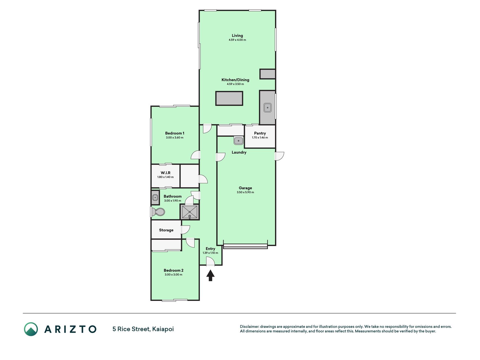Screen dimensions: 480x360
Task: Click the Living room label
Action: tap(237, 35)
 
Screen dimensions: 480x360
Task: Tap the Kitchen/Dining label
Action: tap(235, 80)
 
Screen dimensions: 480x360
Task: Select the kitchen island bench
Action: tap(229, 98)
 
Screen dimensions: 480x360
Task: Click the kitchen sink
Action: tap(267, 107)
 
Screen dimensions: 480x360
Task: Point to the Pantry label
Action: tap(260, 133)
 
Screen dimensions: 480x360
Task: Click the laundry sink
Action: tap(238, 140)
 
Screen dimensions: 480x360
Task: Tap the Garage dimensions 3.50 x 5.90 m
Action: tap(245, 192)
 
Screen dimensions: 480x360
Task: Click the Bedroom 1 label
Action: tap(175, 133)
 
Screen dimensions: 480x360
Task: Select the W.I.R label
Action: tap(165, 173)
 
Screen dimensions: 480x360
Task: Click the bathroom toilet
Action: tap(158, 212)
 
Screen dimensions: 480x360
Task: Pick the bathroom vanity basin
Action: tap(155, 197)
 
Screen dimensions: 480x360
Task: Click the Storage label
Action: tap(166, 230)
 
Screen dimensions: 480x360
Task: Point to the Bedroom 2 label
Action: tap(173, 271)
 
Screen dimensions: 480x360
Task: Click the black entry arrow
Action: tap(210, 276)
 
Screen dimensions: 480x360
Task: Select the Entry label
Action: tap(210, 249)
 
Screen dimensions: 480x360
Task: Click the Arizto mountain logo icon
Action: tap(31, 329)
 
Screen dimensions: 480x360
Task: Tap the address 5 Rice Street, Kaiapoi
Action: tap(143, 329)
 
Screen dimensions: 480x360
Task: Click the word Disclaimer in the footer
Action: tap(249, 327)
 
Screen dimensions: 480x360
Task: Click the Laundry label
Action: tap(239, 152)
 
